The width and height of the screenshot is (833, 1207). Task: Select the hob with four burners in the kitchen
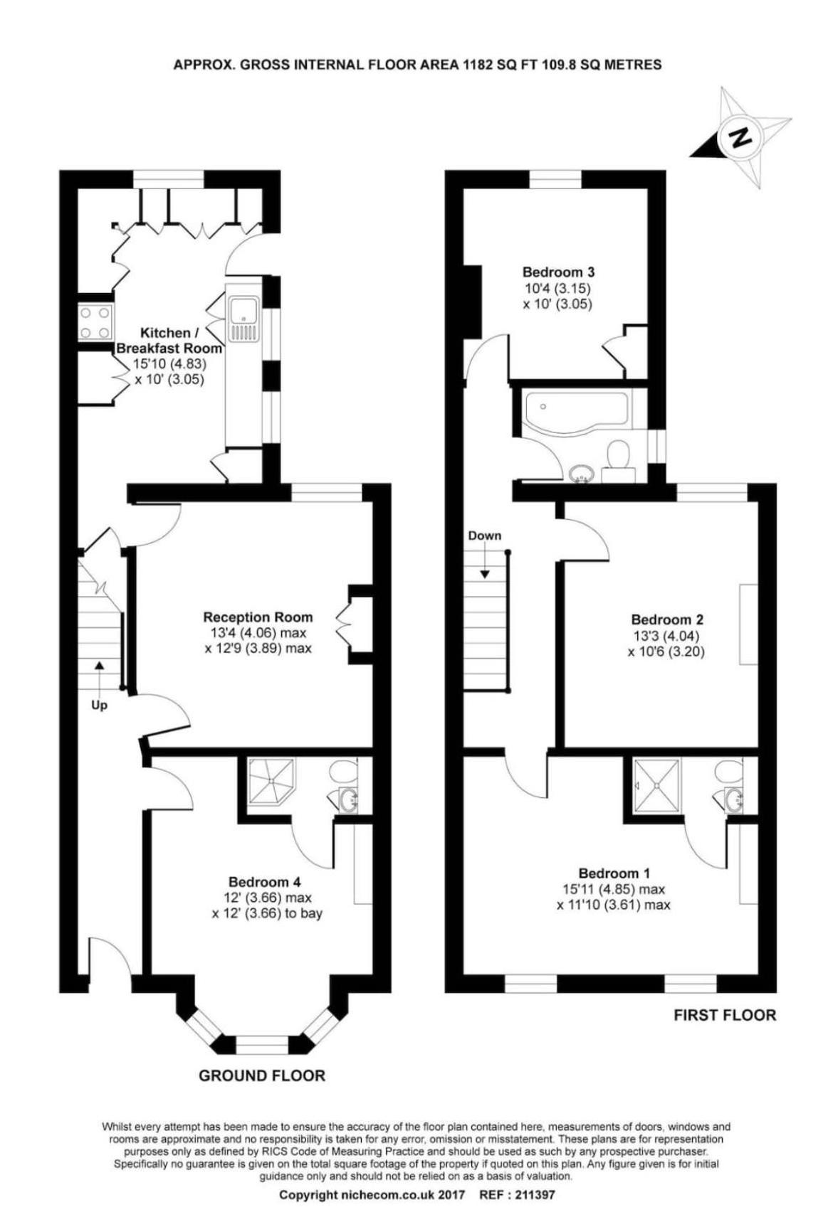(x=95, y=321)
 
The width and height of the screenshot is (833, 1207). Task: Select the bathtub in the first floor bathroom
(x=575, y=413)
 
